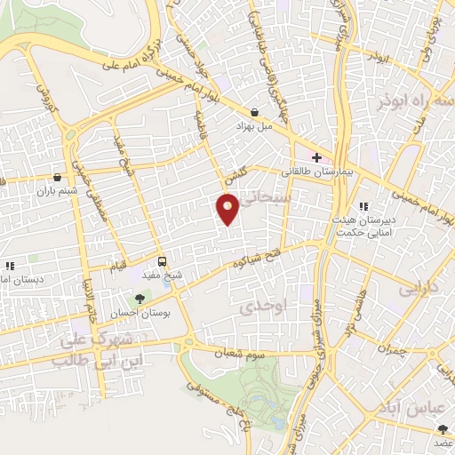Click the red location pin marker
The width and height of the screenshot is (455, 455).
coord(228,208)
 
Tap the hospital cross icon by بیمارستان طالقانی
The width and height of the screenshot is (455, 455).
coord(316,156)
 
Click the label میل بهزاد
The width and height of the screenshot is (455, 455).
coord(251,128)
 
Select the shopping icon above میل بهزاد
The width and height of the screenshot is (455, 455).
coord(256,113)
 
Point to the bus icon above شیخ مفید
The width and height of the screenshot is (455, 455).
coord(162,261)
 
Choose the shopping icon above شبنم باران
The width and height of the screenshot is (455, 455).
coord(58,176)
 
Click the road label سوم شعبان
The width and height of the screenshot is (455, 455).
coord(239,352)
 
